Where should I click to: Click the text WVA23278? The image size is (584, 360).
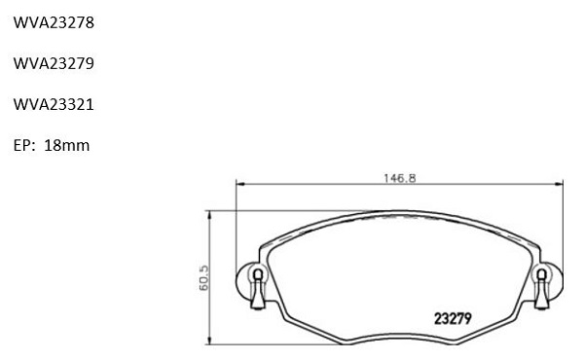(x=54, y=22)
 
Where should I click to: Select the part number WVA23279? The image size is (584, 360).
(x=54, y=63)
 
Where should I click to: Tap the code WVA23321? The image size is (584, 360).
(x=54, y=105)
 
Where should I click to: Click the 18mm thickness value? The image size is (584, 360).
(x=66, y=146)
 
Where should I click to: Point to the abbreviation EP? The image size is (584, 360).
(x=24, y=146)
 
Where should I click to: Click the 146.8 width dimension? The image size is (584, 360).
(x=400, y=178)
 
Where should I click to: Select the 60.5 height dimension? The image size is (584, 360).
(x=204, y=277)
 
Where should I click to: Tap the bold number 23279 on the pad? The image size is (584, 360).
(x=453, y=319)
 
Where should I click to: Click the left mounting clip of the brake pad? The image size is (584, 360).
(x=258, y=288)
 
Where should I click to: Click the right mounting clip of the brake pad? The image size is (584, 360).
(x=542, y=288)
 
